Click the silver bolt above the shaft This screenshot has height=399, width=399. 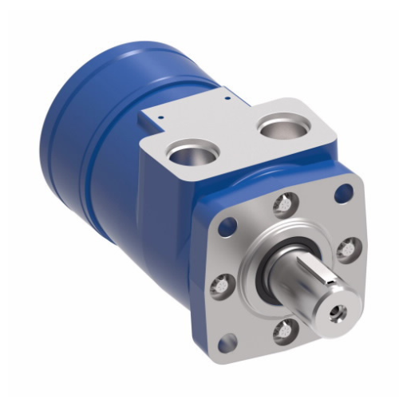pyautogui.click(x=284, y=205)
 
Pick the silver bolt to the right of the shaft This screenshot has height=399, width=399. pyautogui.click(x=346, y=250)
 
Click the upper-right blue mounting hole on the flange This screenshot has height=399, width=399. pyautogui.click(x=344, y=192)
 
